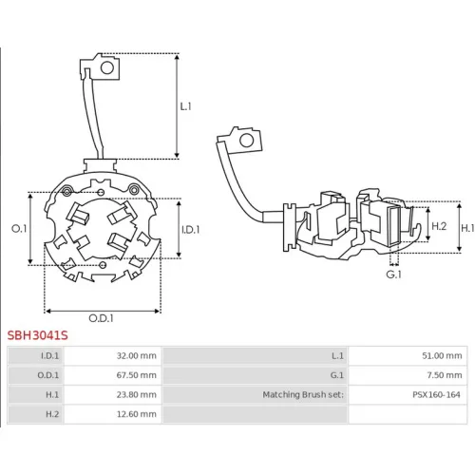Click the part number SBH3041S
[38, 335]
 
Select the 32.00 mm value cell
[113, 355]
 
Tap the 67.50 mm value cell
[113, 375]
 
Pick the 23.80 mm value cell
[113, 394]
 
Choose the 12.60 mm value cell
[113, 414]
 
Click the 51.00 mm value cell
[408, 355]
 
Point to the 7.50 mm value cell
[408, 375]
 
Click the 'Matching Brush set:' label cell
[256, 394]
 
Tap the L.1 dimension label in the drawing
[186, 106]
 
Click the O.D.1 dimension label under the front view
[101, 318]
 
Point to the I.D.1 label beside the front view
[191, 230]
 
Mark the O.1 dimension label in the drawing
[19, 228]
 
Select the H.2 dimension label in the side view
[439, 226]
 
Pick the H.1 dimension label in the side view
[467, 228]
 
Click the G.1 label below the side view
[394, 275]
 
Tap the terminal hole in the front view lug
[107, 67]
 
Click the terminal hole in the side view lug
[247, 141]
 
